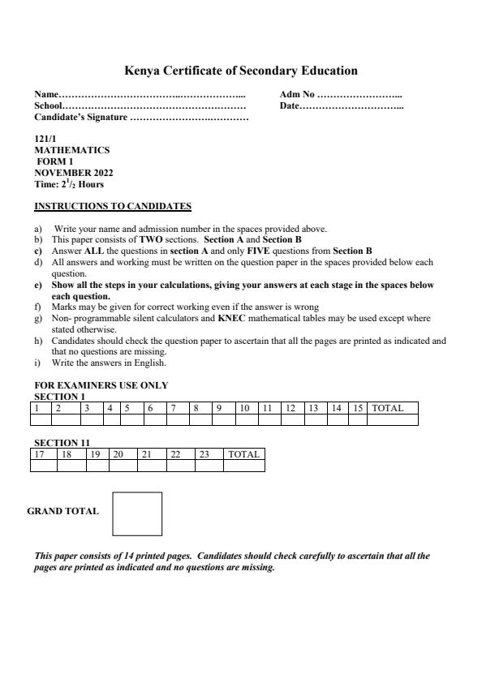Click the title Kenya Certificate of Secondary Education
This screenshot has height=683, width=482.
coord(240,71)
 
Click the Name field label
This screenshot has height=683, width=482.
coord(46,96)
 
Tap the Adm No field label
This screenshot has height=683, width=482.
coord(297,96)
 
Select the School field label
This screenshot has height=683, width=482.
coord(49,106)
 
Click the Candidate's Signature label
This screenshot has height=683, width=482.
coord(80,118)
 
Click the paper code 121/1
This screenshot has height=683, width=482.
coord(45,139)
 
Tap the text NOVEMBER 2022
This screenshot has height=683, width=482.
coord(73,173)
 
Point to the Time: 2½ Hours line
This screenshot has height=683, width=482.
coord(69,184)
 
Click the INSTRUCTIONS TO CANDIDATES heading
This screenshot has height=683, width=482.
coord(113,206)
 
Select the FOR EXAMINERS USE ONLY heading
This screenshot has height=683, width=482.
coord(101,385)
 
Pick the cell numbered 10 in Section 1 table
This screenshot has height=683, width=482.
coord(244,408)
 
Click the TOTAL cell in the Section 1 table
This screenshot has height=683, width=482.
coord(388,408)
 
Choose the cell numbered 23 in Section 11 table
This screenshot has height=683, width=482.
coord(205,454)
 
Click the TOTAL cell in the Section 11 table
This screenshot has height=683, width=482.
coord(243,454)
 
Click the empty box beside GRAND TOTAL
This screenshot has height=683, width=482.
coord(137,513)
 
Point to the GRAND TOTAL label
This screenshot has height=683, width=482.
coord(62,511)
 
